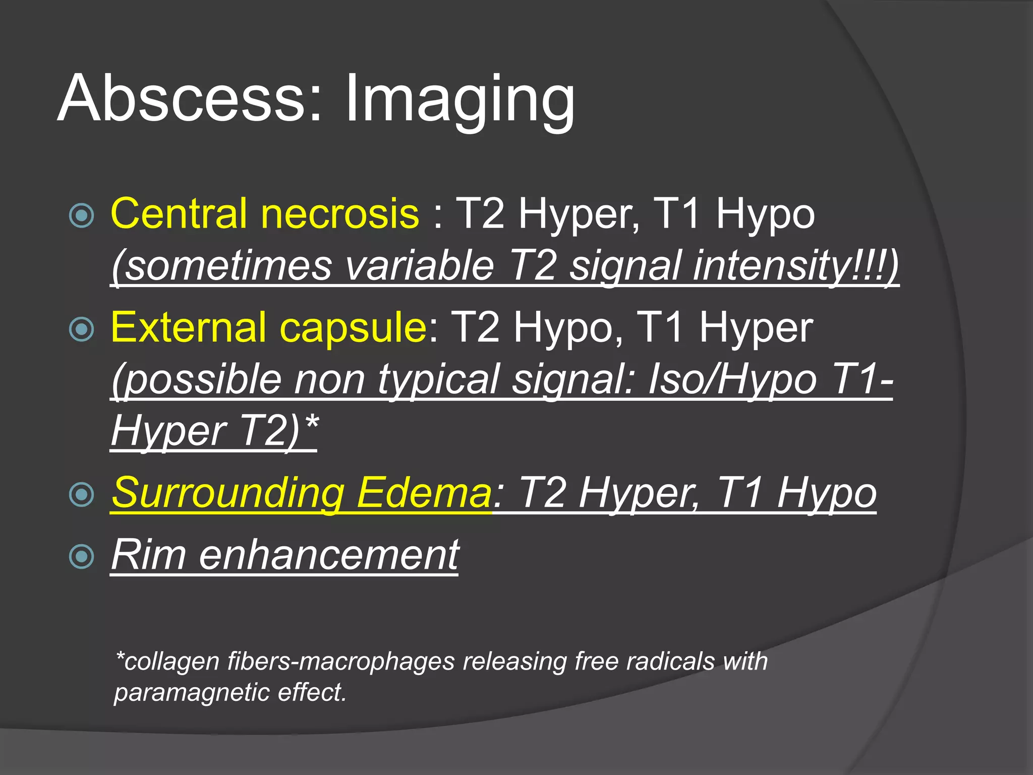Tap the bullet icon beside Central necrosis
81,216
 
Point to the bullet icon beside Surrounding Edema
81,494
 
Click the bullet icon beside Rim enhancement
81,557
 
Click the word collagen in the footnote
171,661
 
